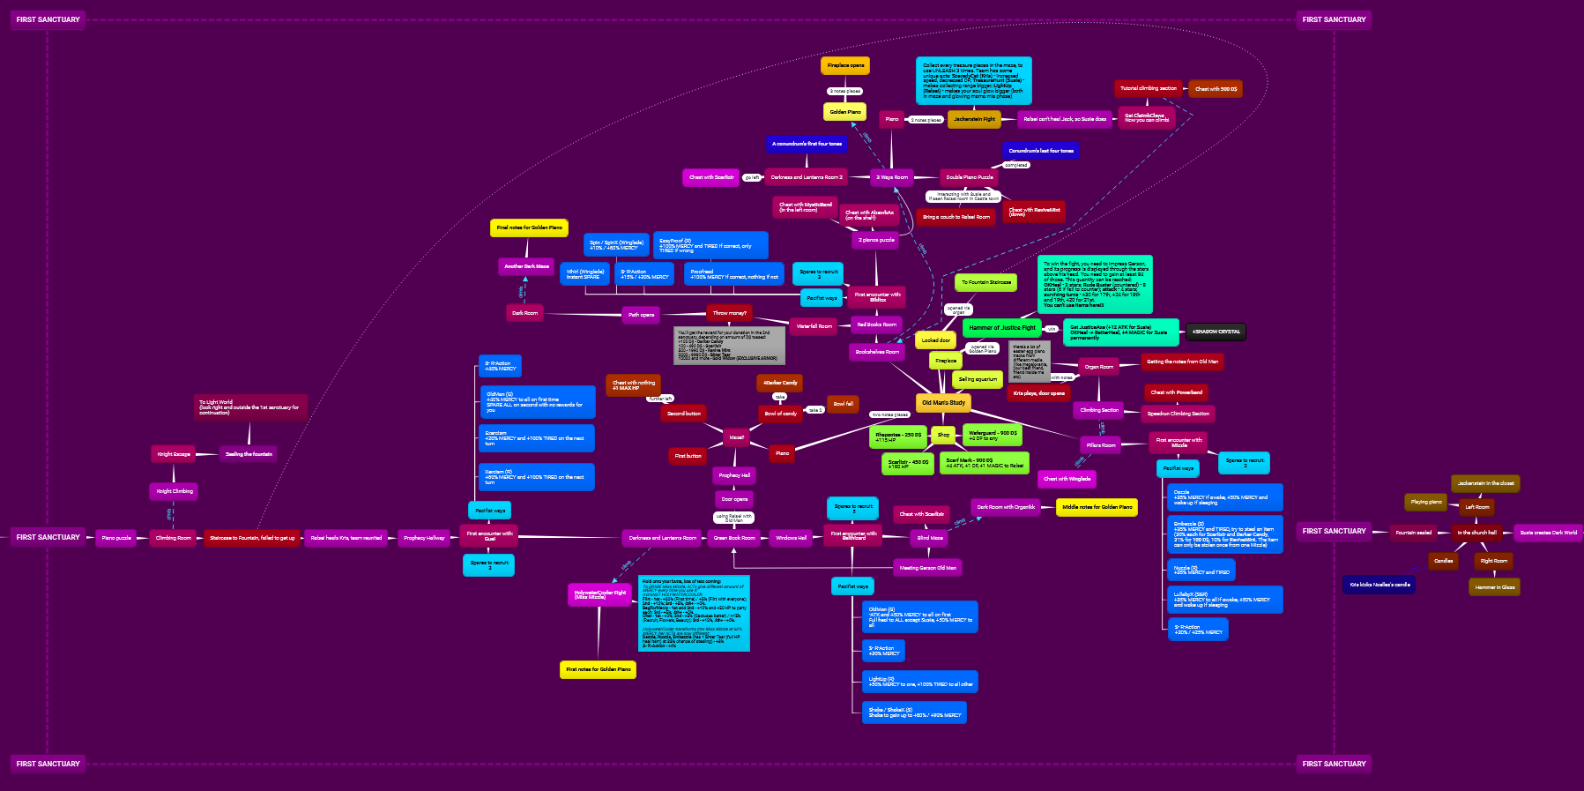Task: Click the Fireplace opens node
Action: coord(845,65)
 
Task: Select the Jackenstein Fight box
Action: coord(974,119)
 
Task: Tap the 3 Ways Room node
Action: coord(892,177)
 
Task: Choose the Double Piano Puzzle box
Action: coord(969,177)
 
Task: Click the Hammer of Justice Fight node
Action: coord(1002,328)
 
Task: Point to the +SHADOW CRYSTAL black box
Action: coord(1216,332)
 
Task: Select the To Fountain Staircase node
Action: coord(985,283)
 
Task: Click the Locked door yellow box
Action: coord(935,340)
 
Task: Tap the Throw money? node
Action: coord(729,313)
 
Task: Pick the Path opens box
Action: coord(641,315)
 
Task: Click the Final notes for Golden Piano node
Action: coord(529,228)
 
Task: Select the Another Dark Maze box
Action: coord(526,266)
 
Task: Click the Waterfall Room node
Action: coord(814,326)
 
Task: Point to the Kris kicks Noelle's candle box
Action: coord(1379,585)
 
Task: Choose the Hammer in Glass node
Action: coord(1495,587)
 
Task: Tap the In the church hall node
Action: coord(1476,533)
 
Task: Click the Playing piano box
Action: coord(1426,502)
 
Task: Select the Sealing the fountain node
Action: coord(249,454)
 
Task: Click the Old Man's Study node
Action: coord(943,403)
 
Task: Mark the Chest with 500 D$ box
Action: coord(1216,89)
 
